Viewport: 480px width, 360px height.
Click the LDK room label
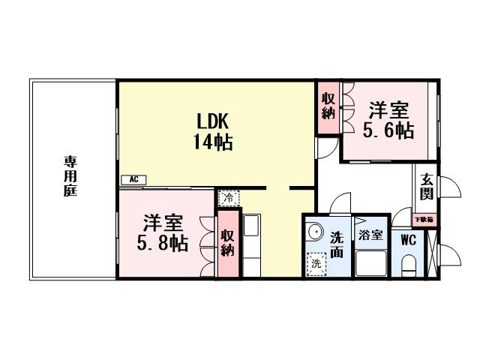[x=213, y=122]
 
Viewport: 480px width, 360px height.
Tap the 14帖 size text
[x=213, y=141]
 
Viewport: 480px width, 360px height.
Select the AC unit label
[x=133, y=179]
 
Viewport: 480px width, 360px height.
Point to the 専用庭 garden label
[x=71, y=175]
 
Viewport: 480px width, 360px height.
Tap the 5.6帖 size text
[x=388, y=130]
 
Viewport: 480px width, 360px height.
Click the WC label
[x=409, y=241]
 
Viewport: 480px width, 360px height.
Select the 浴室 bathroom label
[x=370, y=235]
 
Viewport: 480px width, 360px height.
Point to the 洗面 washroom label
[x=337, y=244]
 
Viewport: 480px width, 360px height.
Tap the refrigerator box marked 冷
[x=226, y=199]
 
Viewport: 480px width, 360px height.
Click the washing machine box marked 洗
[x=316, y=263]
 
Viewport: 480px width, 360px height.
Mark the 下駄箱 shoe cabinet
[x=425, y=220]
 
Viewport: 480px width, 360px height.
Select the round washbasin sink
[x=315, y=232]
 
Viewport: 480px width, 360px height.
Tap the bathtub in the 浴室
[x=370, y=262]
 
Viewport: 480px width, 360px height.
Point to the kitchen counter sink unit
[x=250, y=235]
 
